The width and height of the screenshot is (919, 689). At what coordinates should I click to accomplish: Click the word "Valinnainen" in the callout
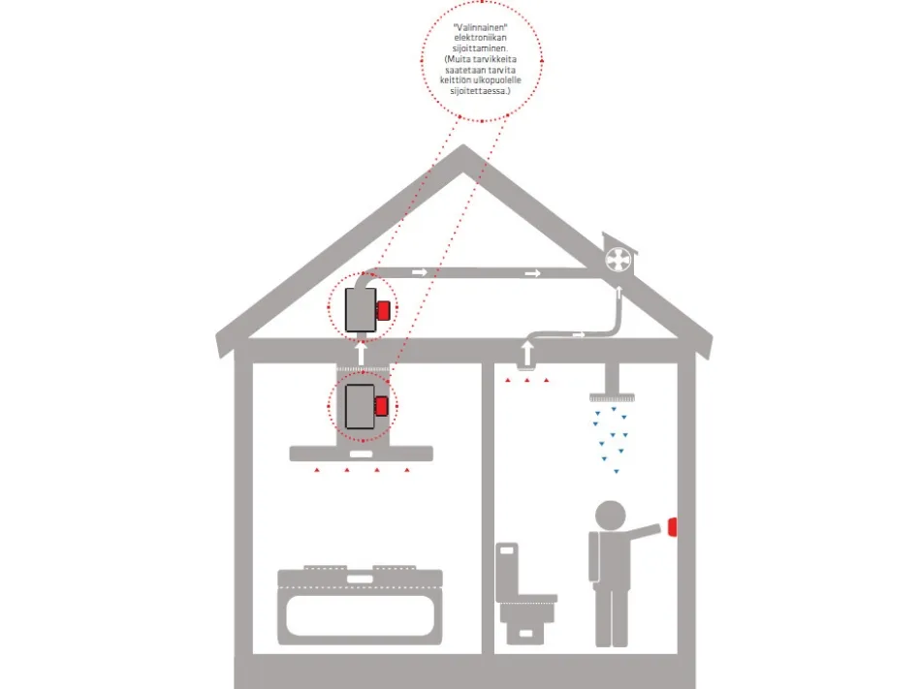[x=480, y=27]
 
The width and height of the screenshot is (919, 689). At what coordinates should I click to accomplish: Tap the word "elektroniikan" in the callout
[x=480, y=38]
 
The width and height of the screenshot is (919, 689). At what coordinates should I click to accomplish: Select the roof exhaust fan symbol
[x=618, y=260]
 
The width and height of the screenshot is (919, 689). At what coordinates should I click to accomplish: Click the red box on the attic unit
[x=383, y=310]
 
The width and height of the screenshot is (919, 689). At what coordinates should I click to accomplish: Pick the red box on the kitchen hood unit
[x=382, y=406]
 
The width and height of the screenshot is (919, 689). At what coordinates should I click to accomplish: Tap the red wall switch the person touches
[x=672, y=527]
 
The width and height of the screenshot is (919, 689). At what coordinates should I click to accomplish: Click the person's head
[x=610, y=517]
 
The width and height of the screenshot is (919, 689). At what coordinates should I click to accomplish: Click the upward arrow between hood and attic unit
[x=362, y=354]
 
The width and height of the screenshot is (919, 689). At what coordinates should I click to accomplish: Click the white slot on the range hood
[x=361, y=454]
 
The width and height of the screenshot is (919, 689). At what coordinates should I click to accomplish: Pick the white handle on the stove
[x=360, y=579]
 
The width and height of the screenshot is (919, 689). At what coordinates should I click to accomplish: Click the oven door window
[x=360, y=615]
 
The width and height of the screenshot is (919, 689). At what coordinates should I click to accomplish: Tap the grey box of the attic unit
[x=360, y=310]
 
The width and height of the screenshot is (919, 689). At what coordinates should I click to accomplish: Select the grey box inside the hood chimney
[x=360, y=407]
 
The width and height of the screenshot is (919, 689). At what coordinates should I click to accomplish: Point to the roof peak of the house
[x=463, y=145]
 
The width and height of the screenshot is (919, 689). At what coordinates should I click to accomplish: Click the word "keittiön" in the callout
[x=456, y=80]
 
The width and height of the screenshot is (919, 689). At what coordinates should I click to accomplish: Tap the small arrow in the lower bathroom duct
[x=579, y=334]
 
